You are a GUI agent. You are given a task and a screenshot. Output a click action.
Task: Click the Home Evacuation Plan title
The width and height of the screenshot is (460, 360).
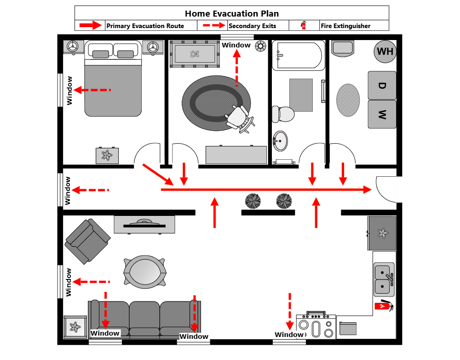231,14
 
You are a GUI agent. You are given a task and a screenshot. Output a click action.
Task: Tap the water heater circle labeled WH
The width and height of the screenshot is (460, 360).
385,51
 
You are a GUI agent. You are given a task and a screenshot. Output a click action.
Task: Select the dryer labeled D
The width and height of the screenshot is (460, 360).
382,86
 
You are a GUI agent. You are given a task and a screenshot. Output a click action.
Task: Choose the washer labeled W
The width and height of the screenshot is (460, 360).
382,114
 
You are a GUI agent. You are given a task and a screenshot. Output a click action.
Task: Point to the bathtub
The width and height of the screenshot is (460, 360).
298,55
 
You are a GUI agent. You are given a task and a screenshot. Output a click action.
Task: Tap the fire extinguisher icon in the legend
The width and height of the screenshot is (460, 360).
304,25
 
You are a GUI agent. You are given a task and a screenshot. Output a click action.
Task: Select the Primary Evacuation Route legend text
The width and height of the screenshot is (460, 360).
145,26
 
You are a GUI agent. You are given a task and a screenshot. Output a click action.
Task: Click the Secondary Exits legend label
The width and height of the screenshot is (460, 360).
252,26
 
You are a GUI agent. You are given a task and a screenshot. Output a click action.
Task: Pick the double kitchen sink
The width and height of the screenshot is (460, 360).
384,279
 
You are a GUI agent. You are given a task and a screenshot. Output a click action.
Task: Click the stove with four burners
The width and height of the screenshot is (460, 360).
316,327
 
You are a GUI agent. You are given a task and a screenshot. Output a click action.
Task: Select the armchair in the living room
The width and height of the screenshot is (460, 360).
86,241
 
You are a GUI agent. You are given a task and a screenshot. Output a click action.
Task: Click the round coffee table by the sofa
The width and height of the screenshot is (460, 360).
144,272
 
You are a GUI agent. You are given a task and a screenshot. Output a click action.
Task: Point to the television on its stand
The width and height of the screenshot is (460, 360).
144,224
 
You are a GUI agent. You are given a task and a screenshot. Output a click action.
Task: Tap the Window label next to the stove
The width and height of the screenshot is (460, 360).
289,335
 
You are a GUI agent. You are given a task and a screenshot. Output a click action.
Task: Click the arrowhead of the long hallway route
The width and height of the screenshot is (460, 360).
368,189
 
